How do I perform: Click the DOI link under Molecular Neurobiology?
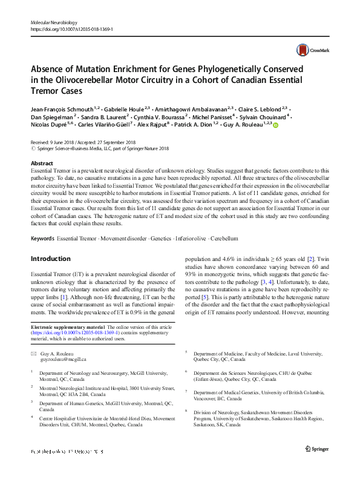coord(71,28)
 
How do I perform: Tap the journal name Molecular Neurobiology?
coord(56,22)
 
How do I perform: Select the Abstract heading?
coord(42,164)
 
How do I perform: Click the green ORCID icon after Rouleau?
coord(276,125)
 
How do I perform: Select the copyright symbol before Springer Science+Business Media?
coord(33,148)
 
